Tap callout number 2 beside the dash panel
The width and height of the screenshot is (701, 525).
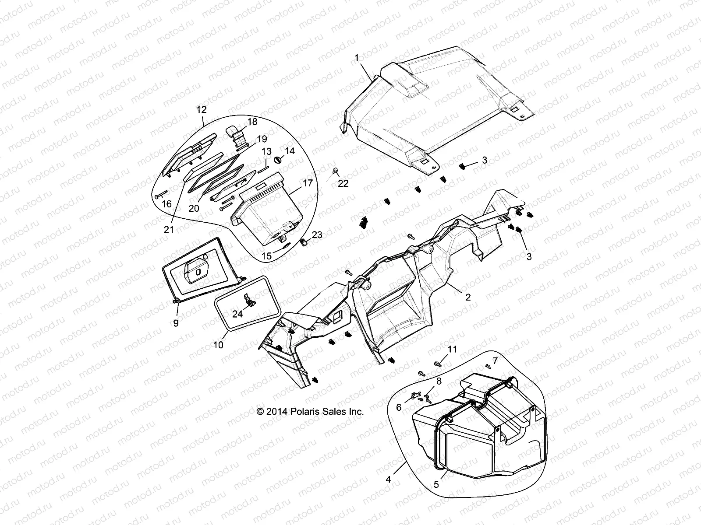[468, 297]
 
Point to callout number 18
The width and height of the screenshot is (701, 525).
[253, 122]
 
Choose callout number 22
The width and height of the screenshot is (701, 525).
[343, 184]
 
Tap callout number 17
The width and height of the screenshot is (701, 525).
[308, 182]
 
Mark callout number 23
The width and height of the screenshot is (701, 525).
[317, 235]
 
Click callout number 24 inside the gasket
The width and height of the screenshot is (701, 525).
[237, 314]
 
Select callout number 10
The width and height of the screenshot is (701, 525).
[218, 345]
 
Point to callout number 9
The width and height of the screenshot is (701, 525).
[176, 323]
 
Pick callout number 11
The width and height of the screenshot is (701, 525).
[452, 349]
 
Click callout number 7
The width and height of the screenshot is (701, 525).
[496, 361]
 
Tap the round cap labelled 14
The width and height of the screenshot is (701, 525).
[278, 158]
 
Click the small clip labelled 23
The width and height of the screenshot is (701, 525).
[303, 242]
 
